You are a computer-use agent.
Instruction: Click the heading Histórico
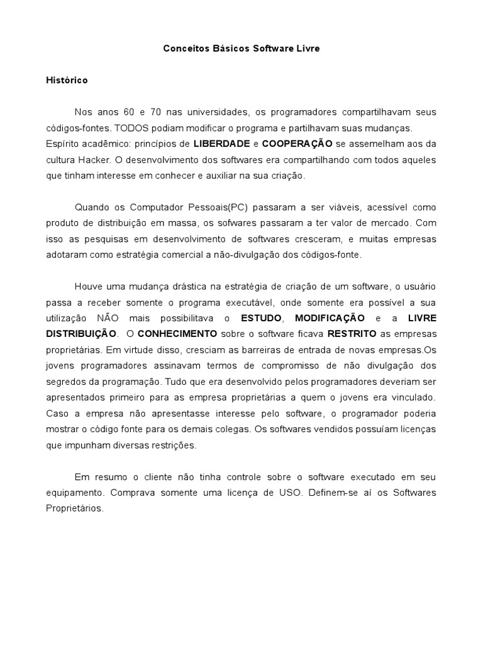(67, 81)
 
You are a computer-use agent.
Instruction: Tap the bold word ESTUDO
(262, 317)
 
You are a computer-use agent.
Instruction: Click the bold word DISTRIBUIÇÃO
(81, 333)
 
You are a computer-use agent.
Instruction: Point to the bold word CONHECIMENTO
(177, 333)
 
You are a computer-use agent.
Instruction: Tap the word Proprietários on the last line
(74, 508)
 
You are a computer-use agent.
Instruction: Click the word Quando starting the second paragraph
(92, 207)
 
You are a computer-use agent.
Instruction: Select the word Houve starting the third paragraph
(88, 286)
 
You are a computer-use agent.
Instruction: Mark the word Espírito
(63, 144)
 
